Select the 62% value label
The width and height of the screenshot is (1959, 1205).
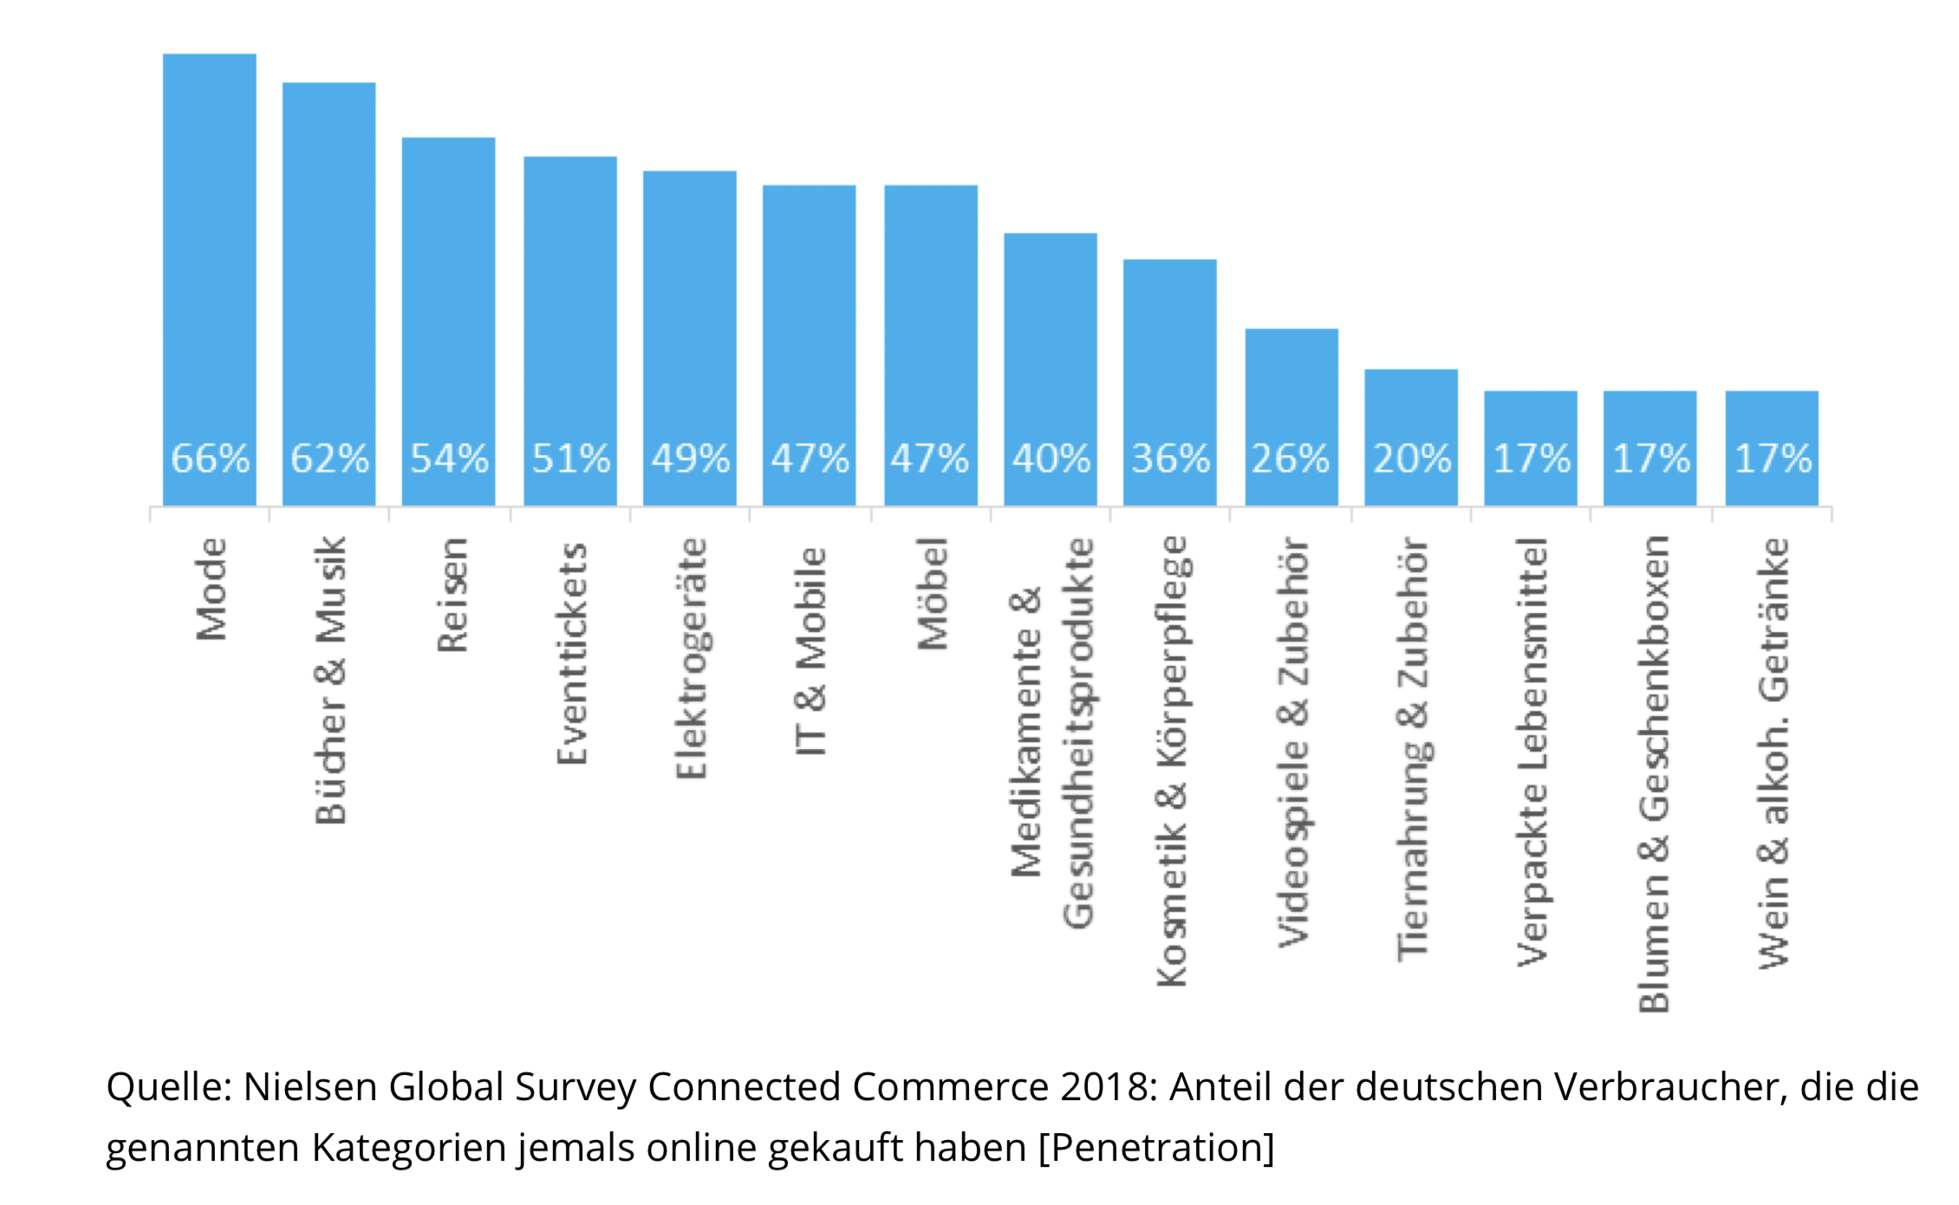tap(329, 459)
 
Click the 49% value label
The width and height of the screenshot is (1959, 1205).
tap(690, 459)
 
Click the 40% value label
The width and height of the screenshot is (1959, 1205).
tap(1051, 459)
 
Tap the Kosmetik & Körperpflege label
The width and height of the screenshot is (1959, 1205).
tap(1172, 761)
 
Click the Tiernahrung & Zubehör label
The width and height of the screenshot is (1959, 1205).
tap(1413, 748)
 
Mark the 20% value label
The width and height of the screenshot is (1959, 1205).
tap(1411, 459)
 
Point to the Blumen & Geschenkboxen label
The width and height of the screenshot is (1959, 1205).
tap(1653, 774)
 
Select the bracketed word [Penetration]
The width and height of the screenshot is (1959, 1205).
tap(1156, 1148)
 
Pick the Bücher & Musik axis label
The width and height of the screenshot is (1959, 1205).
tap(331, 681)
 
